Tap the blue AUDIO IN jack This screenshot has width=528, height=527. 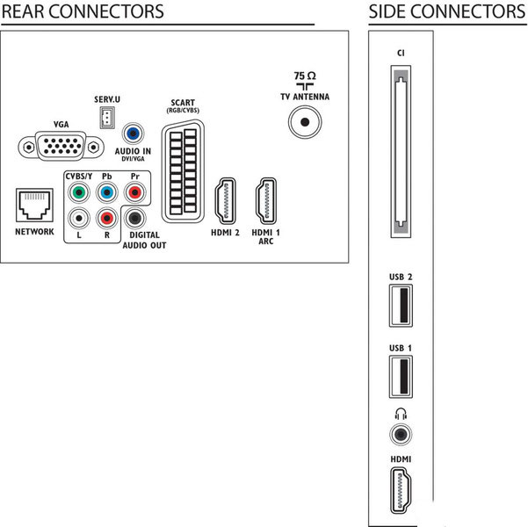point(133,134)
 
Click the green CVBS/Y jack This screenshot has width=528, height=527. point(79,191)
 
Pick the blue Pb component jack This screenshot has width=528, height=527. point(106,191)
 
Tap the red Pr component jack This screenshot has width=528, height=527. point(134,191)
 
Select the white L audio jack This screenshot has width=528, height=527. point(79,219)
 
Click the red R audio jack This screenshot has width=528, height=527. point(106,219)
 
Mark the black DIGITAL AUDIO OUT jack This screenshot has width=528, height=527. point(134,219)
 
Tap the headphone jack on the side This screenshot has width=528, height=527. point(401,433)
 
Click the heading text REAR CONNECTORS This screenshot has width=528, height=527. point(83,11)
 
